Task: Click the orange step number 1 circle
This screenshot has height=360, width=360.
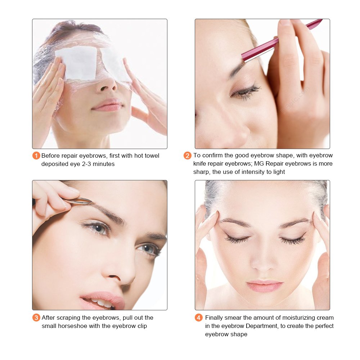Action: pos(36,156)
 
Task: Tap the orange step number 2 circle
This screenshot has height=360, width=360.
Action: pos(188,156)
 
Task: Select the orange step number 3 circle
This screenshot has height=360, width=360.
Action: pos(36,318)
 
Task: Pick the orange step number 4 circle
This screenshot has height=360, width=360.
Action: pos(199,318)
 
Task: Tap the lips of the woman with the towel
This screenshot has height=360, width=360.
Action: pos(107,105)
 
